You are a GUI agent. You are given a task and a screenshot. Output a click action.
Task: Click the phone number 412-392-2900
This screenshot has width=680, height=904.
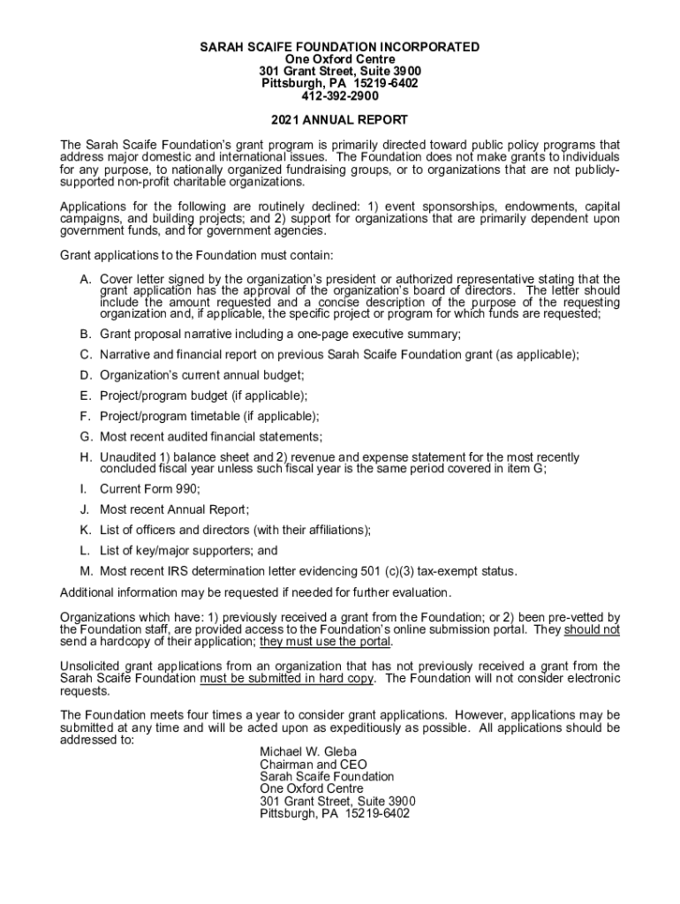[x=340, y=95]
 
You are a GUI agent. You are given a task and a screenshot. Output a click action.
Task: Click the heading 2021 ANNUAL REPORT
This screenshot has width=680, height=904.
[x=340, y=120]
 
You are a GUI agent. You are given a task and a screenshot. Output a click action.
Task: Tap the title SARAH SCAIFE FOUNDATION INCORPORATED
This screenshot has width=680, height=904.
[x=340, y=47]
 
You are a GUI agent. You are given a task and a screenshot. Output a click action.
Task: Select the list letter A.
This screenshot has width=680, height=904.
[x=86, y=280]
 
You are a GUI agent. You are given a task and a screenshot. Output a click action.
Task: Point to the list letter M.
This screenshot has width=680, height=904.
[x=86, y=570]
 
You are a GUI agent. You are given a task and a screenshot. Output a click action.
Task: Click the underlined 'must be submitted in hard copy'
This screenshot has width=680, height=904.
[x=288, y=678]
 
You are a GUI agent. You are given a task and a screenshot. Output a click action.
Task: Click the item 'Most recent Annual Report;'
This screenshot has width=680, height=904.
[x=175, y=509]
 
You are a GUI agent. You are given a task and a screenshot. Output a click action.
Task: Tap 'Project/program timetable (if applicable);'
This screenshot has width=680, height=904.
[x=209, y=416]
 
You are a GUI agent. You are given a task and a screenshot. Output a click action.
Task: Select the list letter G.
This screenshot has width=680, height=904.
[x=86, y=436]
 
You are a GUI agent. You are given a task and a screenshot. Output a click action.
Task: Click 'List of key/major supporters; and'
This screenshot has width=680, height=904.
[x=188, y=550]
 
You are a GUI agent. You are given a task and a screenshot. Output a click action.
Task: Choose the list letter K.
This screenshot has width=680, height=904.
[x=86, y=530]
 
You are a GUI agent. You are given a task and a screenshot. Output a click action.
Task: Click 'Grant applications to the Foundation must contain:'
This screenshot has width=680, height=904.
[x=196, y=255]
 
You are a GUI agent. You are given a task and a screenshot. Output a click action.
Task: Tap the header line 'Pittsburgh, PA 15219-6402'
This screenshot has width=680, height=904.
[x=340, y=83]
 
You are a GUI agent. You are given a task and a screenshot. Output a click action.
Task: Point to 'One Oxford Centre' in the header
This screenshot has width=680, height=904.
[x=340, y=59]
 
